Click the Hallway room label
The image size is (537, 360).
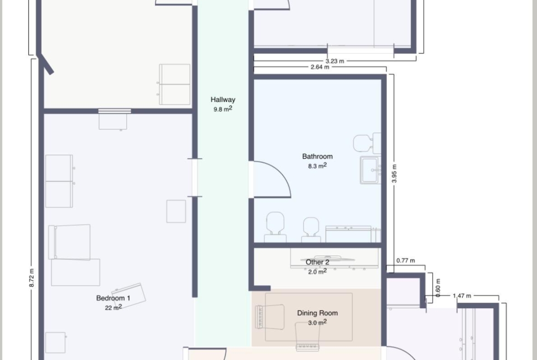tap(223, 100)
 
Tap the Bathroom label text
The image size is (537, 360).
tap(318, 156)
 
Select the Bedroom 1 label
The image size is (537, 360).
tap(113, 298)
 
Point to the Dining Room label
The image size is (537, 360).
tap(318, 313)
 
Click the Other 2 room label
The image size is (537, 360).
tap(318, 262)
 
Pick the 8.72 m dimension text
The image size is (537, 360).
tap(32, 278)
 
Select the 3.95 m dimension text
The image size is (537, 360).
tap(394, 173)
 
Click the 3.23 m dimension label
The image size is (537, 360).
tap(335, 61)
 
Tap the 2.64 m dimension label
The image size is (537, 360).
tap(320, 67)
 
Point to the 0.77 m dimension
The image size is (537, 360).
tap(405, 260)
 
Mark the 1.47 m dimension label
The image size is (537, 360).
tap(462, 296)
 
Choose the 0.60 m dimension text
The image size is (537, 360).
tap(438, 288)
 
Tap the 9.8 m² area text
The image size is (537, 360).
tap(223, 109)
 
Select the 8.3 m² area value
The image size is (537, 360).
tap(318, 166)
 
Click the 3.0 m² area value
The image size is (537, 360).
tap(318, 322)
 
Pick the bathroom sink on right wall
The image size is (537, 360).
tap(370, 170)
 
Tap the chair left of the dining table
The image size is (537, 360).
tap(270, 317)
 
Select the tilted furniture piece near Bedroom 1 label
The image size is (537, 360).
tap(129, 296)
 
